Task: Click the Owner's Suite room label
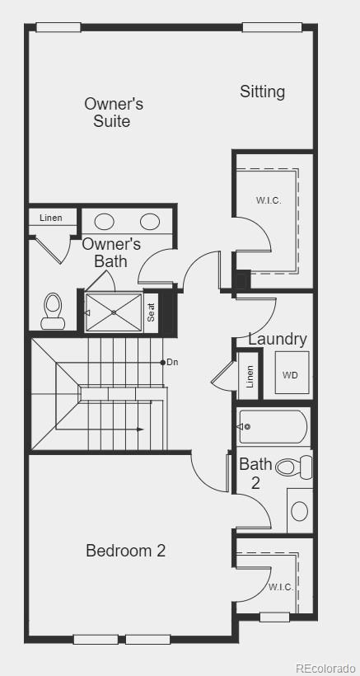click(x=114, y=112)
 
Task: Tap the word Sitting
click(x=262, y=92)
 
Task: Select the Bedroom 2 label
click(x=126, y=551)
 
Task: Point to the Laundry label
click(x=278, y=340)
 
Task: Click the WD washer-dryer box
click(x=292, y=373)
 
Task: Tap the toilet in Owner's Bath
click(x=53, y=311)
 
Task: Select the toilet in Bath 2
click(x=293, y=467)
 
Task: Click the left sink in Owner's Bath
click(x=104, y=222)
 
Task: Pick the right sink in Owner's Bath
click(x=150, y=222)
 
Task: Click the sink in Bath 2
click(x=300, y=511)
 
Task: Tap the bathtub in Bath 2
click(x=274, y=427)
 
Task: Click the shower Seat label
click(x=151, y=312)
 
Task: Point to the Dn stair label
click(x=172, y=363)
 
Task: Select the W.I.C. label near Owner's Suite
click(x=269, y=200)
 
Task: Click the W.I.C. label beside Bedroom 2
click(x=281, y=587)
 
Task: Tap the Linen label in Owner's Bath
click(x=51, y=218)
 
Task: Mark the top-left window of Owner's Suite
click(x=58, y=27)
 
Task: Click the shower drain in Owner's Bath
click(x=114, y=312)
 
